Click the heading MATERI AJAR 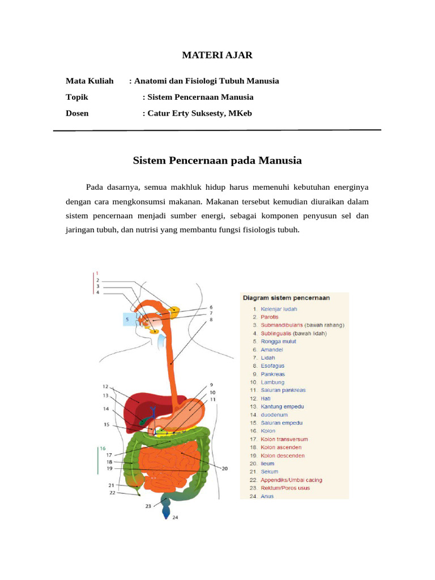(217, 55)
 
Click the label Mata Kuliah (89, 81)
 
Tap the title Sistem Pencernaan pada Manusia (217, 161)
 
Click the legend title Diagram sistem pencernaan (286, 297)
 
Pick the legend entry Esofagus (272, 366)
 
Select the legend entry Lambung (272, 382)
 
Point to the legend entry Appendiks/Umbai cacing (291, 480)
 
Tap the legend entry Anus (267, 496)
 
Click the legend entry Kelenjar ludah (278, 309)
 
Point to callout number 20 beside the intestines (225, 468)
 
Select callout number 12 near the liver (105, 386)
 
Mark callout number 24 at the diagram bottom (175, 518)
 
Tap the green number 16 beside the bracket (103, 448)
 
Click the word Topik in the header (77, 97)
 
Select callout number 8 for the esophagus (211, 320)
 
